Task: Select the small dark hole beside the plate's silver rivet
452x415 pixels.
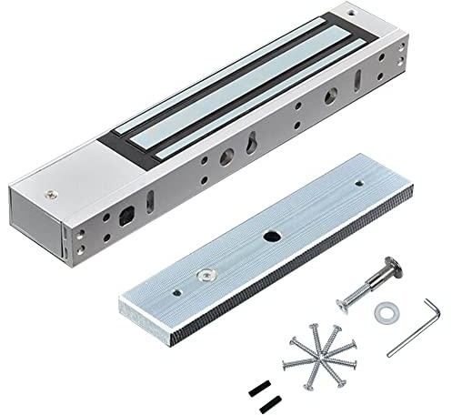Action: click(x=177, y=291)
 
